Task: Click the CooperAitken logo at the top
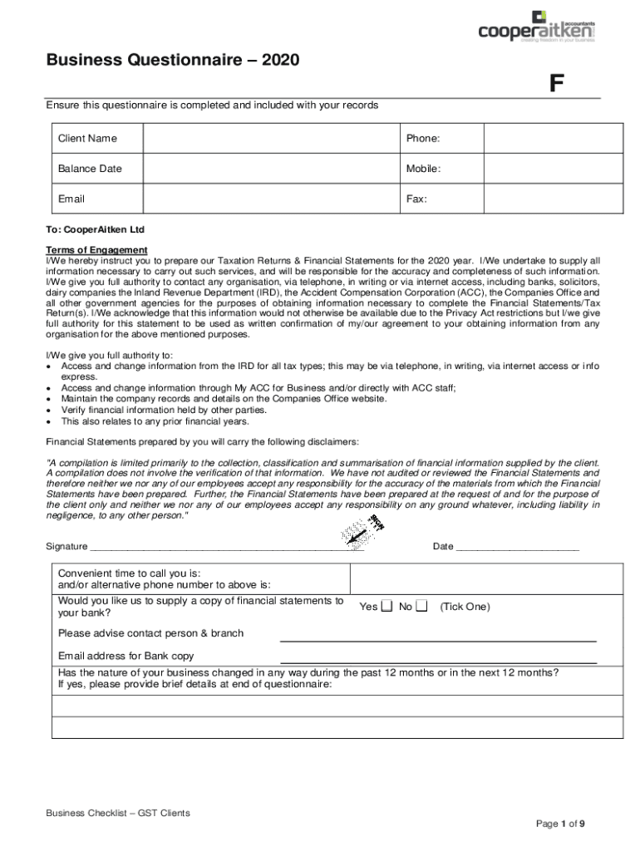(x=536, y=26)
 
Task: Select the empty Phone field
(x=552, y=139)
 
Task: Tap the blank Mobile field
(x=552, y=169)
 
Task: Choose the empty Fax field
(x=552, y=199)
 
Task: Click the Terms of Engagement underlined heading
(x=96, y=250)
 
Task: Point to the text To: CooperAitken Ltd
(x=96, y=229)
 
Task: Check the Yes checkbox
(x=386, y=606)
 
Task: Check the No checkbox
(x=421, y=606)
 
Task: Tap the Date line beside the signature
(x=517, y=548)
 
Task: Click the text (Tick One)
(x=465, y=607)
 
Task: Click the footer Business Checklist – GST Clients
(x=118, y=813)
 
